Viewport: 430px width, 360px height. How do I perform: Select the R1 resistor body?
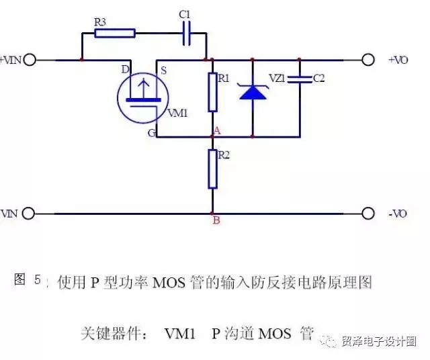point(212,93)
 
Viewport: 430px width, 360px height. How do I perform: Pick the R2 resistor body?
point(212,169)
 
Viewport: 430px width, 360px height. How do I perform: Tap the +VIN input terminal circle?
point(29,60)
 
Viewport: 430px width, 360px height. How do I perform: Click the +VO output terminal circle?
point(368,60)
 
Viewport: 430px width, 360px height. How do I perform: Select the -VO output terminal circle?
point(368,214)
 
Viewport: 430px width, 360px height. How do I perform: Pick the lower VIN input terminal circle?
point(29,214)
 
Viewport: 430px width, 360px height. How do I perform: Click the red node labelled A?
point(212,136)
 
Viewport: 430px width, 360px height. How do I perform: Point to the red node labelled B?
point(212,214)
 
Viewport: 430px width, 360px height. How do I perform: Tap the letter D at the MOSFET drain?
point(125,69)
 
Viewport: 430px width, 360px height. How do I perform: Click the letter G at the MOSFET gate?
point(152,133)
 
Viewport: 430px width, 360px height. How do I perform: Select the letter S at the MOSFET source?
point(163,69)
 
